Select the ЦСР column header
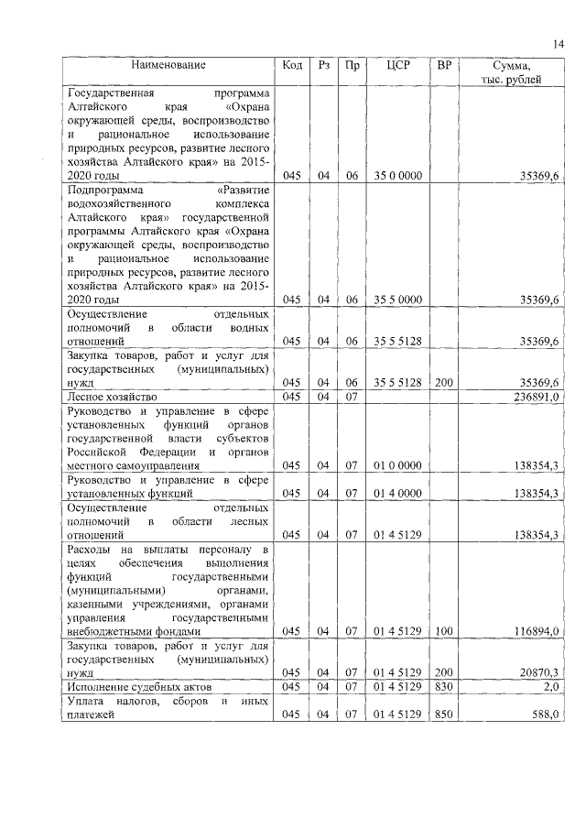tap(397, 65)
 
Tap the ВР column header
tap(444, 65)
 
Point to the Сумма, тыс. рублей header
tap(511, 72)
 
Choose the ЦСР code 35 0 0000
tap(397, 176)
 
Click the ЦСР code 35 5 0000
tap(397, 299)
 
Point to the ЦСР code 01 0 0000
tap(397, 466)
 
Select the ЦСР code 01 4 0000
tap(397, 493)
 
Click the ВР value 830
tap(444, 685)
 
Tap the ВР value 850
tap(444, 714)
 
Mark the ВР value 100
tap(444, 631)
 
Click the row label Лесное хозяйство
tap(113, 397)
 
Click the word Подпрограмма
tap(103, 191)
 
